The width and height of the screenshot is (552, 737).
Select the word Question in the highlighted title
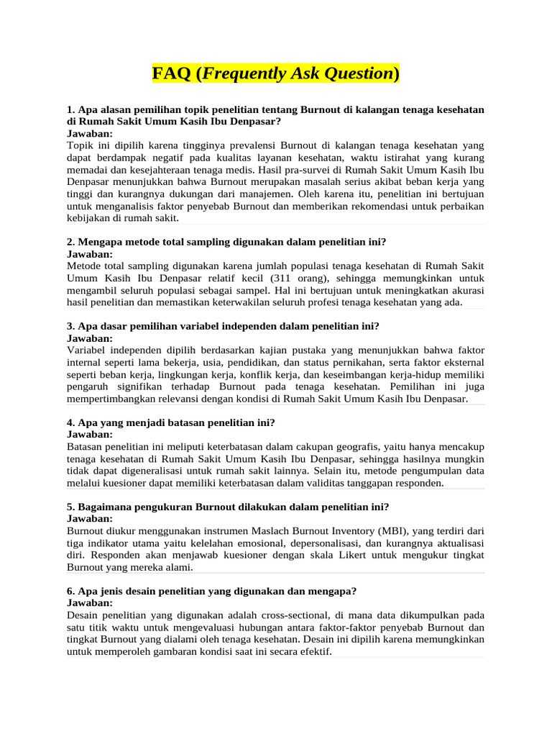pyautogui.click(x=354, y=73)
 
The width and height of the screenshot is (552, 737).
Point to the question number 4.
pyautogui.click(x=70, y=422)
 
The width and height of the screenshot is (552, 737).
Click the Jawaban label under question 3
pyautogui.click(x=90, y=338)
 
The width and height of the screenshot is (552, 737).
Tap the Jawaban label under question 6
pyautogui.click(x=90, y=603)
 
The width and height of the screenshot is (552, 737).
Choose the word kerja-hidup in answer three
pyautogui.click(x=408, y=374)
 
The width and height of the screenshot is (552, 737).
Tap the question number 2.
pyautogui.click(x=70, y=242)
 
